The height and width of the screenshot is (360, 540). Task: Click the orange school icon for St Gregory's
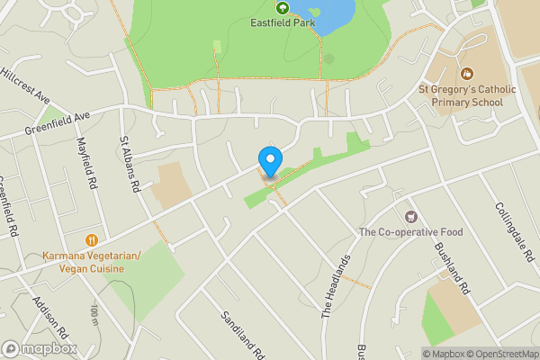click(465, 74)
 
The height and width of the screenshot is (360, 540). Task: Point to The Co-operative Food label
click(410, 232)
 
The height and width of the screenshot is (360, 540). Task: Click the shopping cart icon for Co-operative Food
click(411, 216)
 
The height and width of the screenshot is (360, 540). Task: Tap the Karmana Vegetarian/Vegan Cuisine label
click(92, 262)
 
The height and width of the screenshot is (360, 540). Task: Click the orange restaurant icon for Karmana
click(92, 240)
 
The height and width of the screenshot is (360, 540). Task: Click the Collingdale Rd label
click(513, 230)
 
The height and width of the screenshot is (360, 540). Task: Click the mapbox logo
click(40, 348)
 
